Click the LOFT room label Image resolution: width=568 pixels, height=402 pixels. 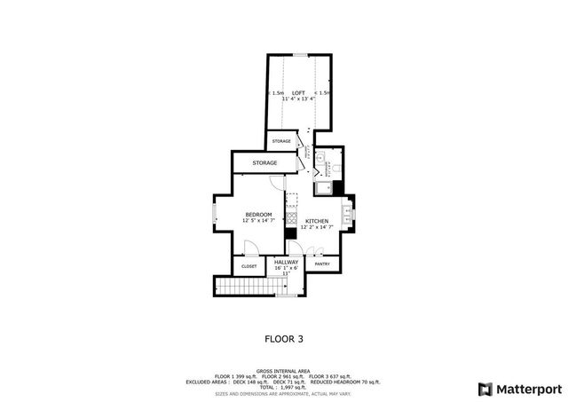tap(298, 92)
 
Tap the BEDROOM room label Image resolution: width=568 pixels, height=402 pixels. tap(258, 215)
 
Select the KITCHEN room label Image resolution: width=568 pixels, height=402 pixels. tap(317, 221)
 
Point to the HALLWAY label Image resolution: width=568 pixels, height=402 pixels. tap(286, 262)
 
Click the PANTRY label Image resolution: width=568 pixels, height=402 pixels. tap(322, 264)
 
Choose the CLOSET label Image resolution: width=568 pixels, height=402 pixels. tap(249, 266)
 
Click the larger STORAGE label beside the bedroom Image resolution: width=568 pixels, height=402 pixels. tap(264, 163)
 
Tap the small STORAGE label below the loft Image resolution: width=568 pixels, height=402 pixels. tap(281, 141)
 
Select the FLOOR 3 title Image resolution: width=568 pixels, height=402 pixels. tap(284, 338)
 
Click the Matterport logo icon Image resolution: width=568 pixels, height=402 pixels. tap(484, 389)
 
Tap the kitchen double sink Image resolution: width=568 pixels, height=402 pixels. tap(348, 213)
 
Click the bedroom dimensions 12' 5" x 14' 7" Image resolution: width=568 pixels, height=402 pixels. tap(258, 221)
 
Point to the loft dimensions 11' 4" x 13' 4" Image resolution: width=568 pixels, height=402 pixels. tap(298, 99)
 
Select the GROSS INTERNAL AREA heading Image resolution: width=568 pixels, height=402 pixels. tap(283, 371)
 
